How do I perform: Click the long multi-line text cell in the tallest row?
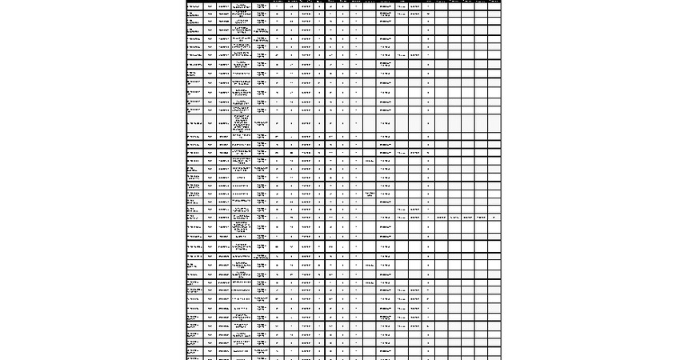242,123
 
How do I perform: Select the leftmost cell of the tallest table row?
194,123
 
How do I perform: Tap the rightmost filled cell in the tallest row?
429,123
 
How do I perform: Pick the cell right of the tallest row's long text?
261,123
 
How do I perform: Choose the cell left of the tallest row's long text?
223,123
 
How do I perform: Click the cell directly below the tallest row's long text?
242,137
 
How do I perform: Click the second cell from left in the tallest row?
210,123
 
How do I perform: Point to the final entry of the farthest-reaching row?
494,217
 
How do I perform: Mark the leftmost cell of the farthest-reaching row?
194,217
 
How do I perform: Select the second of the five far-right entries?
454,217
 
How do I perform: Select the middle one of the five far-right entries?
468,217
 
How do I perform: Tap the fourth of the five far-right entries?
481,217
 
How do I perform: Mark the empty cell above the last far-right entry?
494,208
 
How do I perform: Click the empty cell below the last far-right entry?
494,227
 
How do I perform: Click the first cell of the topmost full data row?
194,6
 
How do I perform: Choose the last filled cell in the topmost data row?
429,6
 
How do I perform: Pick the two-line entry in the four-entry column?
370,194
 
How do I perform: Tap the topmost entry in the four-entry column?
370,161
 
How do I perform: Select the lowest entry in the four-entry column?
370,282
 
